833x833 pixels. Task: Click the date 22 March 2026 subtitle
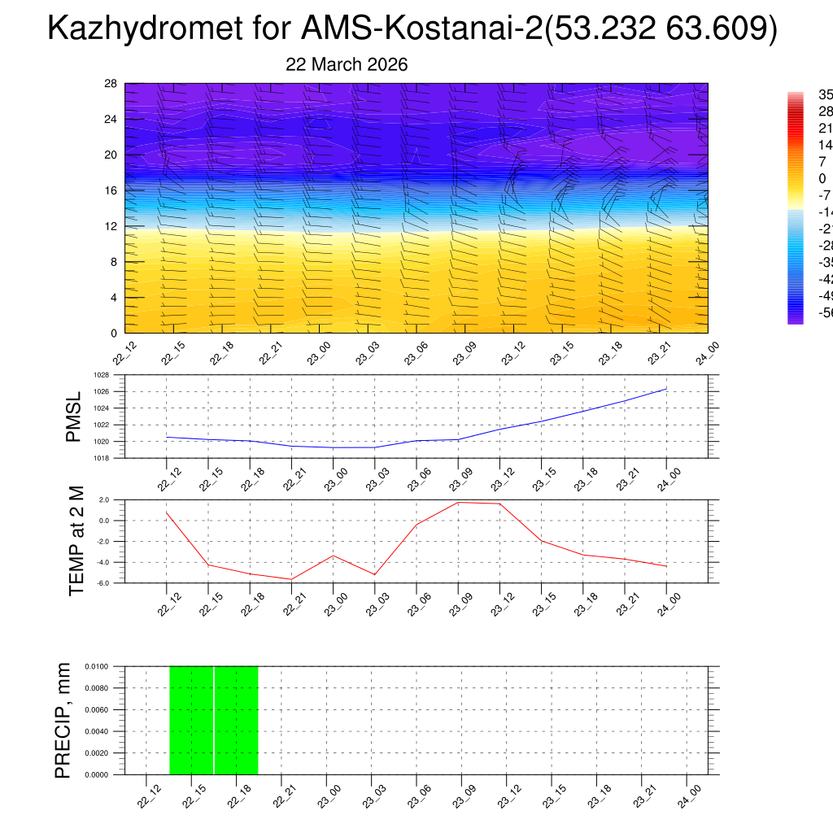click(347, 64)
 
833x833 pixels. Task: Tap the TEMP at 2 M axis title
click(76, 541)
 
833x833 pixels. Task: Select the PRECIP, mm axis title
click(63, 720)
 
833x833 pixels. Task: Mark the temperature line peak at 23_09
click(458, 502)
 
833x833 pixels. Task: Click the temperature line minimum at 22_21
click(291, 579)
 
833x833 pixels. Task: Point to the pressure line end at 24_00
click(666, 389)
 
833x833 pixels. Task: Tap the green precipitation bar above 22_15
click(191, 720)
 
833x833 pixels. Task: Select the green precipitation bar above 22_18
click(236, 720)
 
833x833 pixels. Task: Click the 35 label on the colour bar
click(826, 94)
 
